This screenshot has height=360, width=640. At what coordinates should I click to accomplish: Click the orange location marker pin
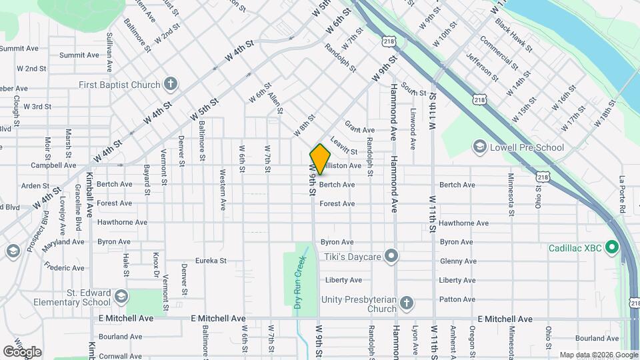click(x=320, y=159)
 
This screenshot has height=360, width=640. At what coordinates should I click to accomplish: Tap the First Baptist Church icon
click(x=171, y=84)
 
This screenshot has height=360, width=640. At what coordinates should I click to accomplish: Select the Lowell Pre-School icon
click(x=479, y=147)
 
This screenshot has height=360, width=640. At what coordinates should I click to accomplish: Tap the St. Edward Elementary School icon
click(x=121, y=295)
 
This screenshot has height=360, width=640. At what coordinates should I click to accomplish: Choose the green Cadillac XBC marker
click(x=610, y=247)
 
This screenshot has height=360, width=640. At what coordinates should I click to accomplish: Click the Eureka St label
click(x=211, y=261)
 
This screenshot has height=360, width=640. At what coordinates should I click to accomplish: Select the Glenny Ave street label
click(x=457, y=261)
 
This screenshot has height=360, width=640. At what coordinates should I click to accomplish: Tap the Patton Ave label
click(x=457, y=299)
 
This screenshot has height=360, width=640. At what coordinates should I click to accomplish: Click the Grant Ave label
click(x=359, y=127)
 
